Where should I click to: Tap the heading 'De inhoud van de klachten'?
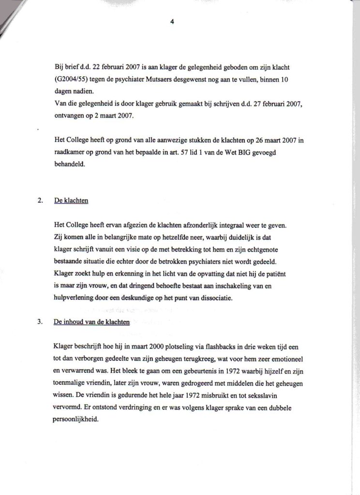[x=92, y=322]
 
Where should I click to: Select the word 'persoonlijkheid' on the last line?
[x=77, y=421]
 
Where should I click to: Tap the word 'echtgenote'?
[x=279, y=250]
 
